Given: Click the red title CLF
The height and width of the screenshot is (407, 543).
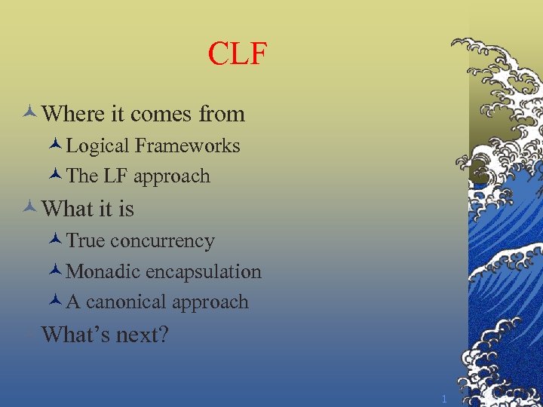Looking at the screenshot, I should pyautogui.click(x=238, y=54).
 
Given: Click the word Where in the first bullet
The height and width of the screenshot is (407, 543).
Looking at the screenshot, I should pyautogui.click(x=74, y=114).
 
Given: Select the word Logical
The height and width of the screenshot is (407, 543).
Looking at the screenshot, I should pyautogui.click(x=98, y=145).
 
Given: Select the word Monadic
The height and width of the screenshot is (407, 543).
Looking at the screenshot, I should pyautogui.click(x=103, y=272).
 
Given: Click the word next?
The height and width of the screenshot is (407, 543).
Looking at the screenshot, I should pyautogui.click(x=142, y=335).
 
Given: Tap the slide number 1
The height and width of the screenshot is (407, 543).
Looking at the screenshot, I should pyautogui.click(x=444, y=399).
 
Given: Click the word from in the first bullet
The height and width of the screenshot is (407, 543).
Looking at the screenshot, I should pyautogui.click(x=222, y=115).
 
